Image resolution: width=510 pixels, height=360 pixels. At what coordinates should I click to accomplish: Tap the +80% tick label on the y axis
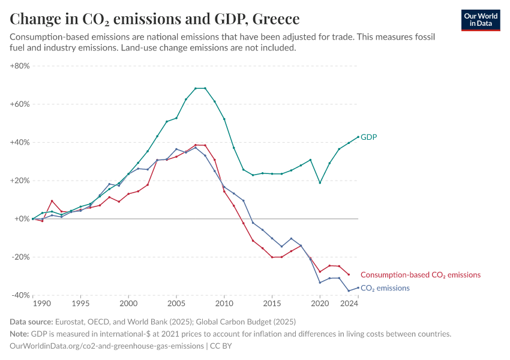point(20,66)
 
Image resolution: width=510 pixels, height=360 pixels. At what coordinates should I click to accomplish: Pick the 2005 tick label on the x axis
point(176,304)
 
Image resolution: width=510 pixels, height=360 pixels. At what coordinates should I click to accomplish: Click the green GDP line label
point(368,137)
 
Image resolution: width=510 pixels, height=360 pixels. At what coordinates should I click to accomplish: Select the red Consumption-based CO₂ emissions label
point(421,275)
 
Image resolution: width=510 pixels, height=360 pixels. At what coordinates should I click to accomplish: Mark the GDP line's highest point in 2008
point(205,88)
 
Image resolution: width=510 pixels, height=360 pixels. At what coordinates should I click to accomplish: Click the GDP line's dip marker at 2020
point(320,182)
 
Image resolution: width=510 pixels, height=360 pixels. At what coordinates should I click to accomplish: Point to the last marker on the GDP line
point(358,137)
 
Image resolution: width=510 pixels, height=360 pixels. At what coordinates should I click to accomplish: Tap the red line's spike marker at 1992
point(52,201)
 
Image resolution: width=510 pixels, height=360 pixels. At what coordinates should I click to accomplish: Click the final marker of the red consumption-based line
point(349,274)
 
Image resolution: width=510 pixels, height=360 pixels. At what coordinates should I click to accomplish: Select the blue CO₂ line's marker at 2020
point(320,283)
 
